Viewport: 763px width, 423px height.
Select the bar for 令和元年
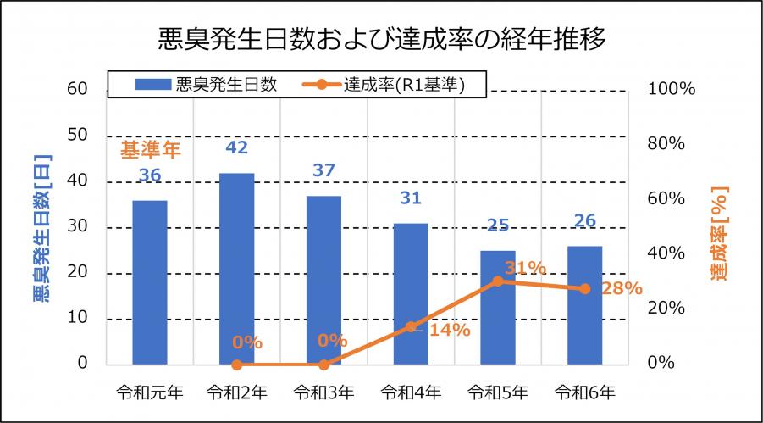tap(149, 281)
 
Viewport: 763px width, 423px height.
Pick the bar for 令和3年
tap(323, 280)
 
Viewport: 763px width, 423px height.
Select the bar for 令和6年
tap(584, 305)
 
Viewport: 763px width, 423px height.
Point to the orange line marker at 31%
tap(498, 281)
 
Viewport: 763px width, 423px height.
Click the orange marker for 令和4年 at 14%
tap(411, 326)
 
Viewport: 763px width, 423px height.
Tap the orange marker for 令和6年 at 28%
tap(584, 288)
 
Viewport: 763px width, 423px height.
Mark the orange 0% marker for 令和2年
tap(236, 365)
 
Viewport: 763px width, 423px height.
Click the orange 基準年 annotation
tap(151, 151)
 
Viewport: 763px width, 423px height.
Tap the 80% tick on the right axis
tap(666, 144)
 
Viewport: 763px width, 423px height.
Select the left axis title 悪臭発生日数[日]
tap(41, 224)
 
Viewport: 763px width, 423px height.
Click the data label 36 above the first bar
tap(150, 175)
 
